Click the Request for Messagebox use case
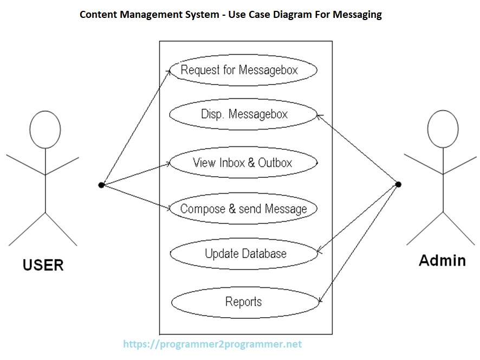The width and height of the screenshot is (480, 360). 242,70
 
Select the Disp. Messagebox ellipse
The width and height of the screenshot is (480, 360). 243,114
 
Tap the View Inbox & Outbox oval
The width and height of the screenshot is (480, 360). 243,163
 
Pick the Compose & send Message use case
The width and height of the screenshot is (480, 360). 243,209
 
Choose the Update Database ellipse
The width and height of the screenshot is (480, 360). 244,254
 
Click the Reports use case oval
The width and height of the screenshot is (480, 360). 244,302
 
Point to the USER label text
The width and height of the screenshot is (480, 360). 43,265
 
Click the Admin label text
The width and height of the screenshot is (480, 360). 442,261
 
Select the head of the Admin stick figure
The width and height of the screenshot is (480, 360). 443,129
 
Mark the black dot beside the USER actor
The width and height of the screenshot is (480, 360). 101,185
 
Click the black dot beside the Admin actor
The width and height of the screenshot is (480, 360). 398,184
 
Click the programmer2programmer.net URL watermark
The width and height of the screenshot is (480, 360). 212,344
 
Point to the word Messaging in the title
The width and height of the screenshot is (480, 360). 355,15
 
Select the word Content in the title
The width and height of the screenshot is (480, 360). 98,15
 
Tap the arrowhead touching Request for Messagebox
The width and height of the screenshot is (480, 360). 170,71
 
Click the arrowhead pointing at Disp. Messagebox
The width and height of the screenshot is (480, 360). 319,115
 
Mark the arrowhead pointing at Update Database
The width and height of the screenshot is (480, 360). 319,252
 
